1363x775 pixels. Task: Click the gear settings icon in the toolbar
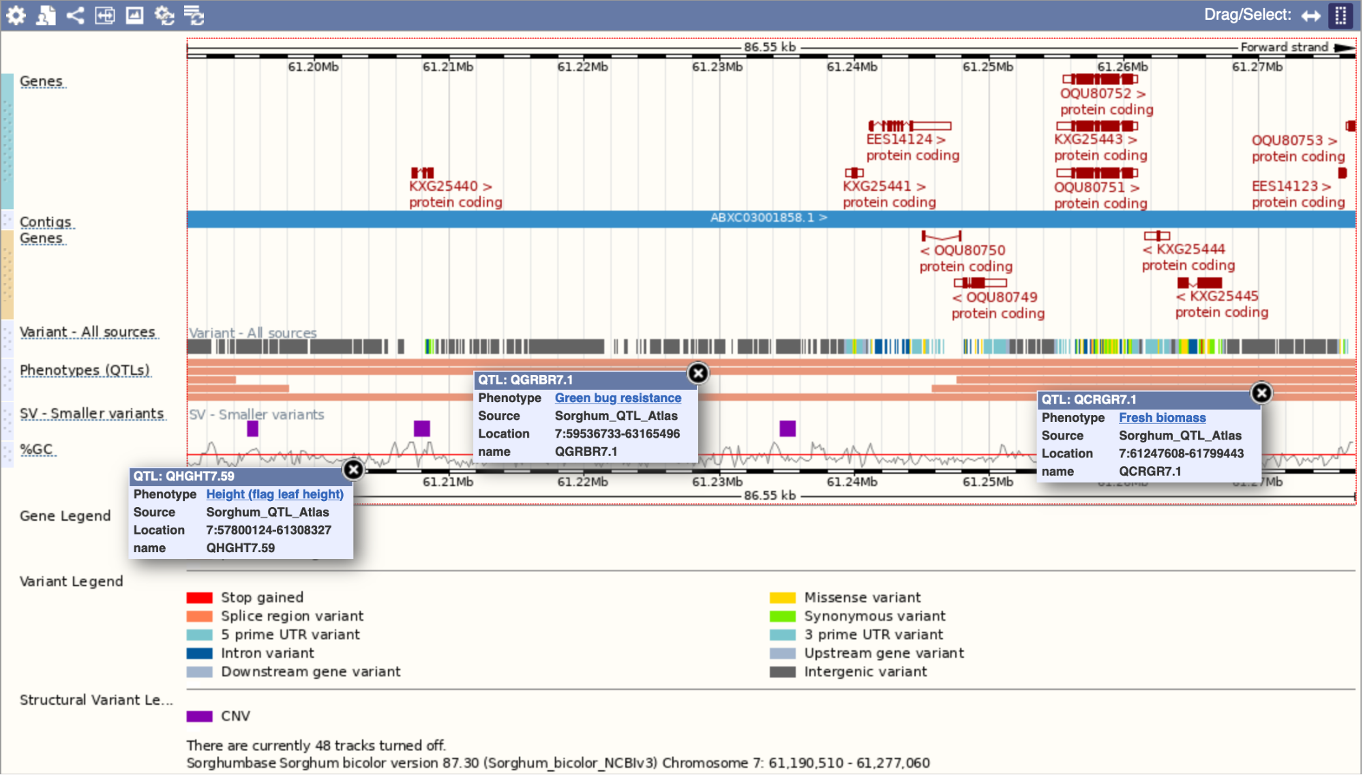tap(16, 15)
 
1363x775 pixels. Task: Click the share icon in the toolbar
tap(75, 15)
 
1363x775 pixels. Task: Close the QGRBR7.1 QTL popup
tap(698, 373)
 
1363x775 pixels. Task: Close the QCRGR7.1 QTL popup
tap(1261, 393)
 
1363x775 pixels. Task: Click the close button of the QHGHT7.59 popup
tap(353, 469)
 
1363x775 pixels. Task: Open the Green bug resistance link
tap(618, 398)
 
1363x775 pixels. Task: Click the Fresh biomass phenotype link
tap(1162, 418)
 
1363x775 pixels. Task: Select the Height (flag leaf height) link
tap(275, 494)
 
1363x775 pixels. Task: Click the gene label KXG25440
tap(444, 186)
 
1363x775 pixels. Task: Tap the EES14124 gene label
tap(899, 139)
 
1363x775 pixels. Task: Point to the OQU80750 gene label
tap(969, 250)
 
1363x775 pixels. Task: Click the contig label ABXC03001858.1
tap(762, 217)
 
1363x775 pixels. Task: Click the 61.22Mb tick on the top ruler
tap(582, 67)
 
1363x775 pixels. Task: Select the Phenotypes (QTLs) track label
tap(85, 370)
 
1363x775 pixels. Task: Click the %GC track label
tap(37, 449)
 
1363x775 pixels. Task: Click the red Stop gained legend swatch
tap(200, 598)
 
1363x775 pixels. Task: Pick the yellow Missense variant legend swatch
tap(782, 598)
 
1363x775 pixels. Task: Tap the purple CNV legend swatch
tap(200, 716)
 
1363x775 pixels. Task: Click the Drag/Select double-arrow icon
tap(1310, 15)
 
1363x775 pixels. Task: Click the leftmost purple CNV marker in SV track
tap(252, 428)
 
